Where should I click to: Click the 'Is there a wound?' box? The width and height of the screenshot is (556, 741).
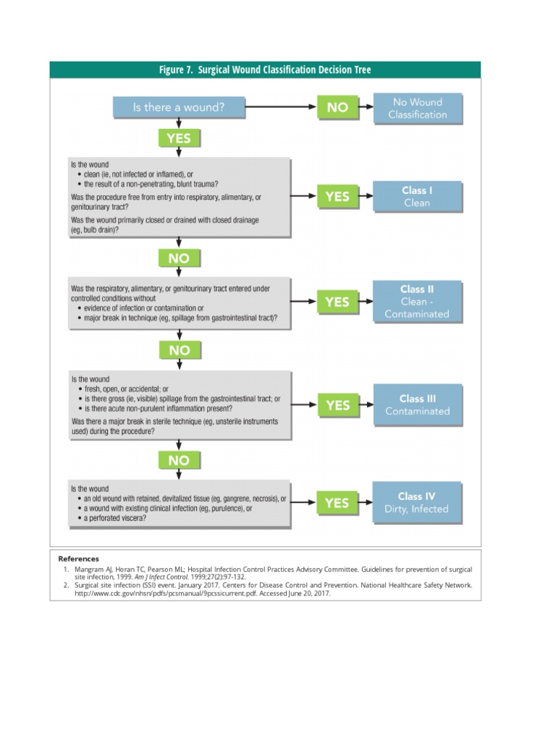(x=179, y=107)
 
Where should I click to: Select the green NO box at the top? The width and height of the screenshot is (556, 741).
(x=337, y=107)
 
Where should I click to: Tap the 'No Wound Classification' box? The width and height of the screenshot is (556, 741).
(x=417, y=108)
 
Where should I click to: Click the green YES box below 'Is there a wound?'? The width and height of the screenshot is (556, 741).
(x=179, y=137)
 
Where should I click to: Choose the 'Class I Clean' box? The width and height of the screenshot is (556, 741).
(x=417, y=196)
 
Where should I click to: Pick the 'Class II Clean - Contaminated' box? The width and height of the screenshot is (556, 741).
(x=417, y=301)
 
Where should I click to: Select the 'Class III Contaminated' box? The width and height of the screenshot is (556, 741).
(x=417, y=405)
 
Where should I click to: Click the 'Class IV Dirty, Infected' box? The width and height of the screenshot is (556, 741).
(x=417, y=502)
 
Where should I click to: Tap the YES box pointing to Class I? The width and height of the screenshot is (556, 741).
(x=337, y=196)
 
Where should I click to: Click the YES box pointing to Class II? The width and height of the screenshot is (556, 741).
(x=337, y=302)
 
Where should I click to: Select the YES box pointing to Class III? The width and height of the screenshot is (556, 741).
(x=337, y=405)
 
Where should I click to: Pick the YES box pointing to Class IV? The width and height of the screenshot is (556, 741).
(x=337, y=502)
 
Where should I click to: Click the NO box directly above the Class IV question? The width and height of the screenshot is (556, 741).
(x=179, y=460)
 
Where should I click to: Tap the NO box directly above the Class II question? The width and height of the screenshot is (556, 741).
(x=179, y=258)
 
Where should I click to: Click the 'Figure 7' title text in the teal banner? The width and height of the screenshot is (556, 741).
(x=265, y=69)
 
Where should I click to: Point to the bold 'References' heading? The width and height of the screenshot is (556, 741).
(x=79, y=559)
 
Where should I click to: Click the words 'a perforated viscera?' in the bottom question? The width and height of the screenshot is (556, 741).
(x=117, y=518)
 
